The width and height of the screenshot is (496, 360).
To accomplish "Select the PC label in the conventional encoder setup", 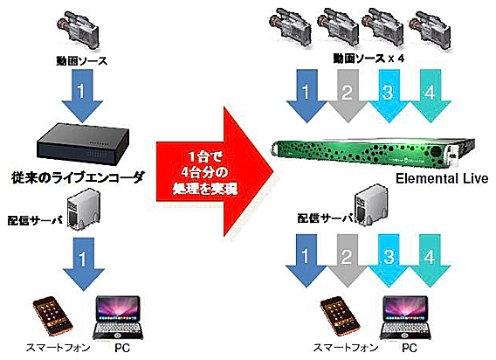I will pos(122,349).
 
